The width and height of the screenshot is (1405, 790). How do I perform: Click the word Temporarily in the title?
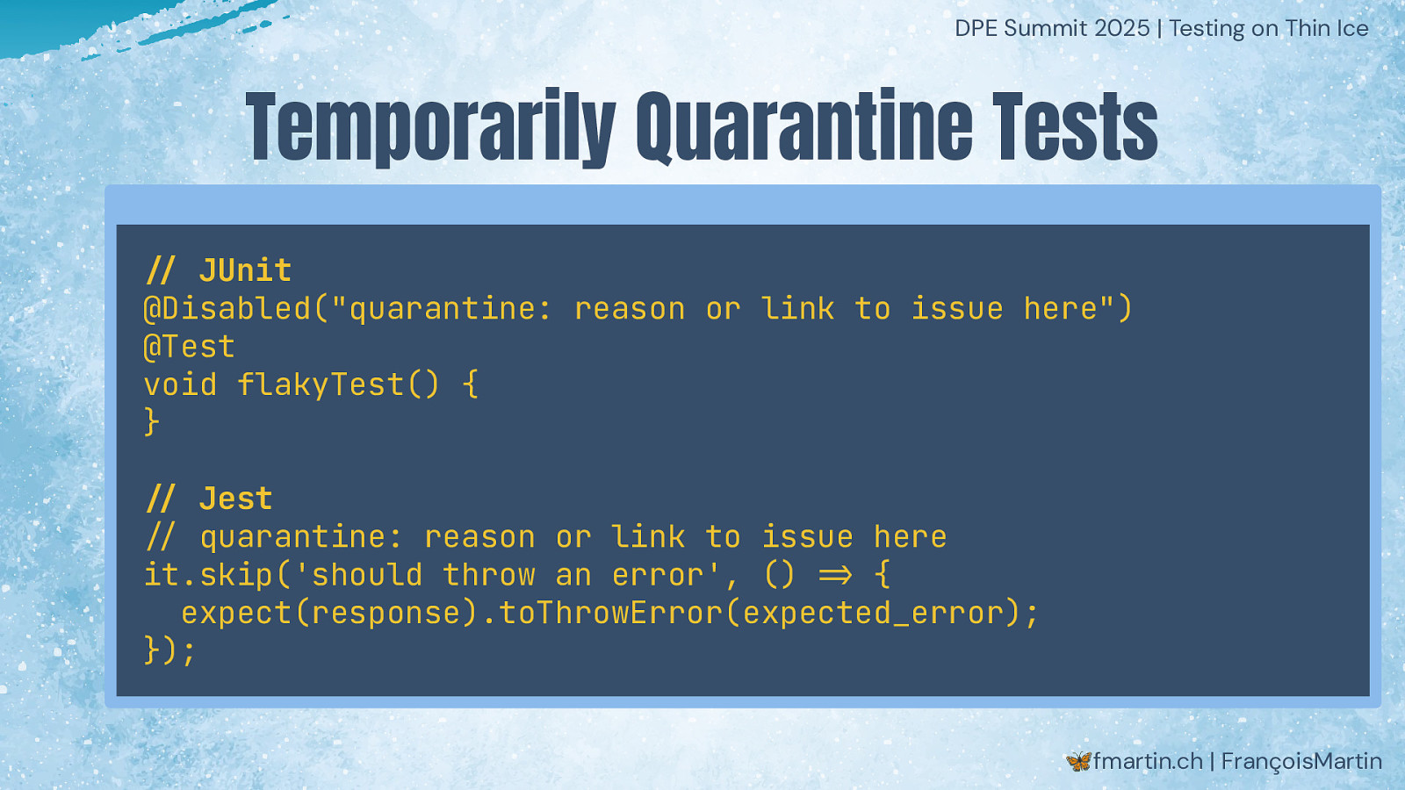point(430,128)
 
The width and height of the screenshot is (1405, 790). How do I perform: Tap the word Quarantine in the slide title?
point(804,126)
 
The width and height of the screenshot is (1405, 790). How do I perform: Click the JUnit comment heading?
point(219,271)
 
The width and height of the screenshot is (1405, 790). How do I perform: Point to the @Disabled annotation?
point(227,308)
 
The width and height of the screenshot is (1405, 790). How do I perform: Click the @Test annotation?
point(190,347)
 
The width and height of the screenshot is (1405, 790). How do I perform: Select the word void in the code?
point(181,384)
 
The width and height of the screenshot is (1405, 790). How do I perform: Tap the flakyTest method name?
point(321,385)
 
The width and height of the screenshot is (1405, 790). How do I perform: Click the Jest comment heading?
point(209,499)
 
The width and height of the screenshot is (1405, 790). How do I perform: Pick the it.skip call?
point(208,575)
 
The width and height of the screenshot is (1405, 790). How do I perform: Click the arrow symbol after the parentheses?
point(836,575)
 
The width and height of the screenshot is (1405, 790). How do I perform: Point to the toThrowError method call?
point(611,613)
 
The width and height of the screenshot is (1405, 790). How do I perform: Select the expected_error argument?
point(873,614)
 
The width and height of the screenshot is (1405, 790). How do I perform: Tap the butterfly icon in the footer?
point(1079,761)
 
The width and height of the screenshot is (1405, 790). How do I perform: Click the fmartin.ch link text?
point(1148,761)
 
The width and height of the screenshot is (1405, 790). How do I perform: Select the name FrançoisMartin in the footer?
point(1301,762)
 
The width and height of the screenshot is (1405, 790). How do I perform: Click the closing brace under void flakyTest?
point(151,422)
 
